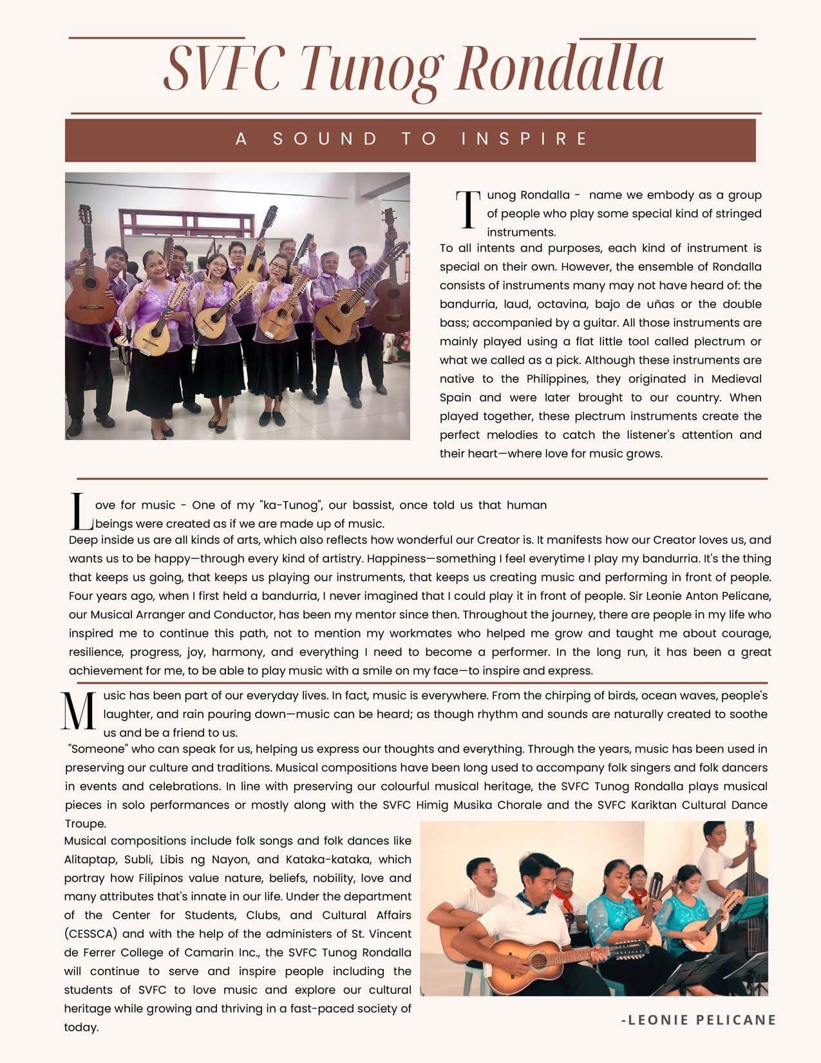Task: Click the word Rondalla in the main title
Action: tap(559, 70)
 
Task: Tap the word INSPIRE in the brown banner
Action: tap(525, 139)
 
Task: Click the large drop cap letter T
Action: tap(467, 209)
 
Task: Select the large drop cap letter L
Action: tap(79, 512)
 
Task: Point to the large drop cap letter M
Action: tap(79, 712)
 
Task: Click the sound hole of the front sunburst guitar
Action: tap(538, 961)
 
